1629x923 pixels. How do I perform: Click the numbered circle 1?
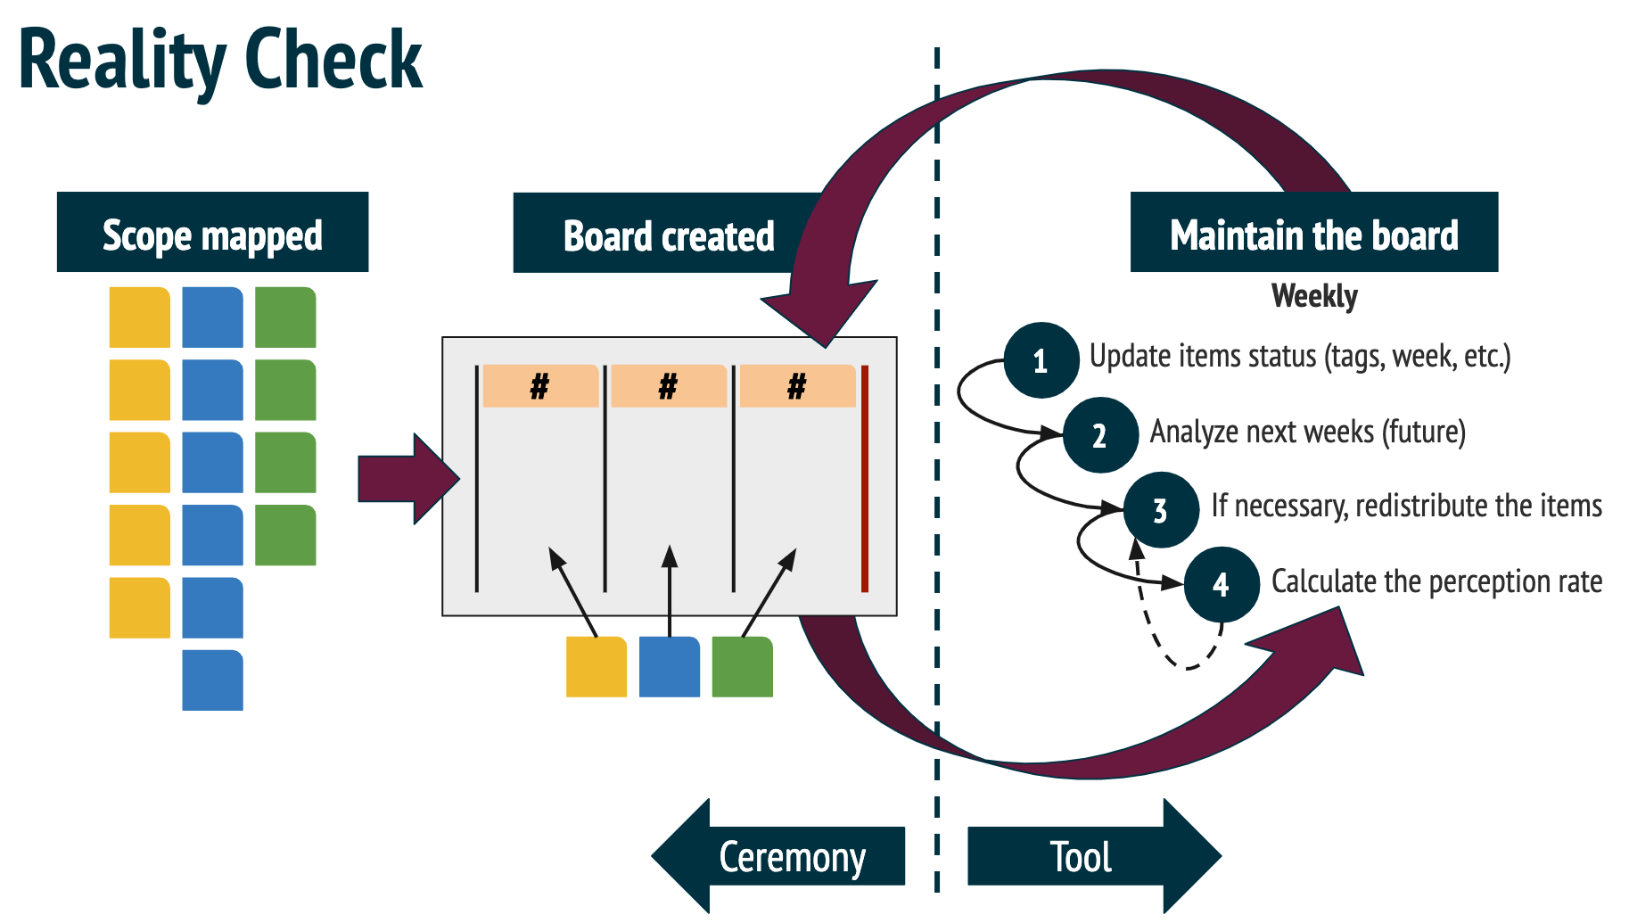tap(1041, 360)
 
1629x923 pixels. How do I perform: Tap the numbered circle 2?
tap(1100, 435)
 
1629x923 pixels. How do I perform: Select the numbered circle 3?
tap(1160, 510)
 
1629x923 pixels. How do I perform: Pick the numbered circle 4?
tap(1221, 585)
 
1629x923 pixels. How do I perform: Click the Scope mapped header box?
tap(212, 233)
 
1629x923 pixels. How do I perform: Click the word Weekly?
tap(1313, 295)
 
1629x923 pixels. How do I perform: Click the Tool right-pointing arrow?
tap(1092, 856)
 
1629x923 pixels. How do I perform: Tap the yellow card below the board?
tap(596, 667)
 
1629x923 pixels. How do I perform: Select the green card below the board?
tap(742, 667)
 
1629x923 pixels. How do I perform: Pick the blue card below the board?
tap(669, 667)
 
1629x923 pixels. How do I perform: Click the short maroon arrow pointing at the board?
tap(406, 479)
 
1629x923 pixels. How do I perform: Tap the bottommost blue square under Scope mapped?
tap(212, 680)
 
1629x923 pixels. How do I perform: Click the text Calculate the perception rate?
tap(1436, 581)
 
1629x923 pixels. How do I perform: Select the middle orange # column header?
tap(669, 386)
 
